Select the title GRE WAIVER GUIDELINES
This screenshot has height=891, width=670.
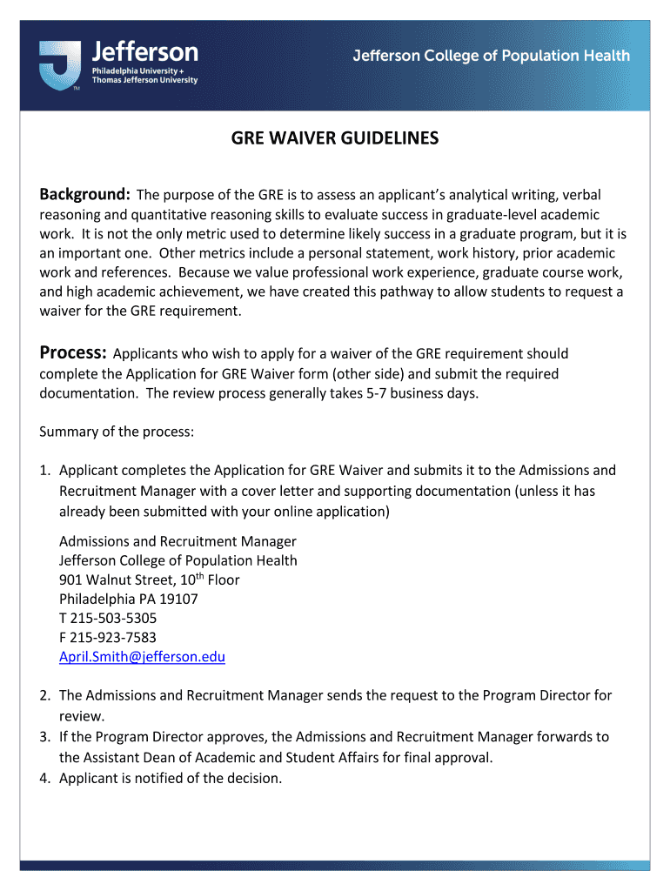pyautogui.click(x=334, y=139)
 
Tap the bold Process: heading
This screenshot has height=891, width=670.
pyautogui.click(x=73, y=352)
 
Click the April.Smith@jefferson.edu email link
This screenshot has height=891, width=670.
pyautogui.click(x=142, y=657)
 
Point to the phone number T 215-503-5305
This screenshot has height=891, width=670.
pyautogui.click(x=108, y=618)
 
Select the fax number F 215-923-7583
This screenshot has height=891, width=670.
pyautogui.click(x=108, y=638)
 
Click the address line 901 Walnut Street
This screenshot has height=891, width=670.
pyautogui.click(x=149, y=579)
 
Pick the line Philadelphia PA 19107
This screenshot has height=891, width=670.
pyautogui.click(x=128, y=599)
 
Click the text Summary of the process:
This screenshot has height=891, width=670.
pyautogui.click(x=117, y=432)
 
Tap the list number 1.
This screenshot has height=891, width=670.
pyautogui.click(x=44, y=471)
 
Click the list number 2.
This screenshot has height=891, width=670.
pyautogui.click(x=44, y=695)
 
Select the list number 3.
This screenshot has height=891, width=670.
pyautogui.click(x=44, y=737)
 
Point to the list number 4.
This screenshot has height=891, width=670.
pyautogui.click(x=44, y=778)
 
